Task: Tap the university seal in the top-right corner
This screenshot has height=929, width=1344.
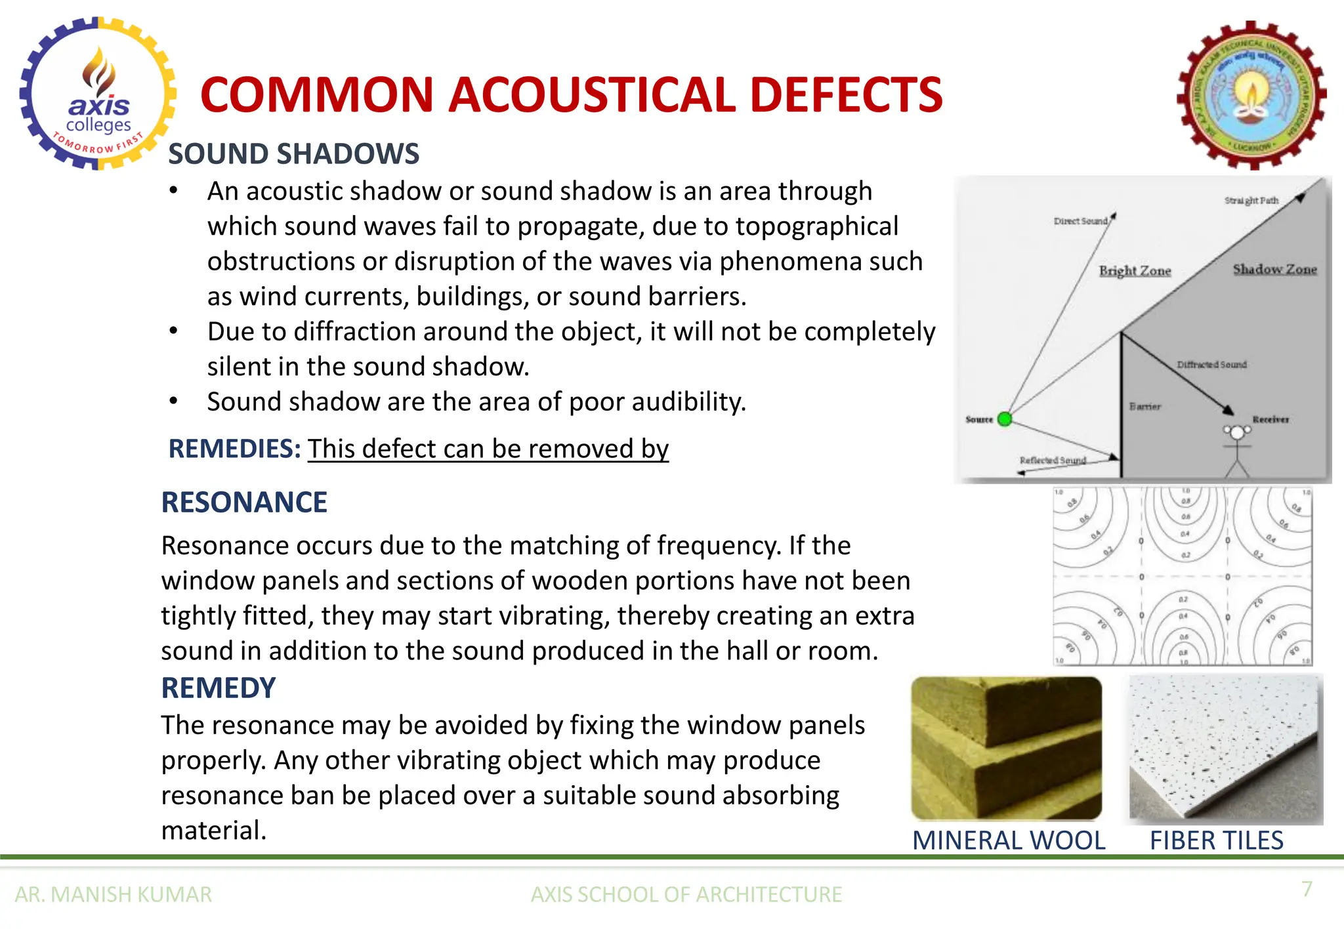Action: coord(1251,96)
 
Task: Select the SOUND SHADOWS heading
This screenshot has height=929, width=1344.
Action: coord(293,154)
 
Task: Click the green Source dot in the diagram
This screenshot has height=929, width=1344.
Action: coord(1004,419)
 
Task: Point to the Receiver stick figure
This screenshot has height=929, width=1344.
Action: coord(1237,449)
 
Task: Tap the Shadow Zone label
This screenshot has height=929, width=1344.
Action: coord(1274,269)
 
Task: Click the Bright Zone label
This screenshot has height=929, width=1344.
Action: coord(1135,270)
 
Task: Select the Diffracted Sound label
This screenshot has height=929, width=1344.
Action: coord(1211,364)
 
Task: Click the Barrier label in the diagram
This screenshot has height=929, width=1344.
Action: coord(1145,407)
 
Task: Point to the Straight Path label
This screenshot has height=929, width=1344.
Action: coord(1251,200)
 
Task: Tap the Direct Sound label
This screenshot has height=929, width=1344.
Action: coord(1080,221)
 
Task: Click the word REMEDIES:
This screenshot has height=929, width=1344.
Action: coord(234,449)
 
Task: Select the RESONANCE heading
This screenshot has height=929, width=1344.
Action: coord(244,503)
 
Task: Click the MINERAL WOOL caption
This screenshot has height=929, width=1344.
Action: coord(1009,840)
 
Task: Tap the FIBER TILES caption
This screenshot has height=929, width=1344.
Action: coord(1216,840)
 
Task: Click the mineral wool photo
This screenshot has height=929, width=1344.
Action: coord(1007,748)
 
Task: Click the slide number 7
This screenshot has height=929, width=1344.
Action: coord(1307,888)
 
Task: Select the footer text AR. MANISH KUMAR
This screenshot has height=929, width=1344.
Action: coord(114,894)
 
